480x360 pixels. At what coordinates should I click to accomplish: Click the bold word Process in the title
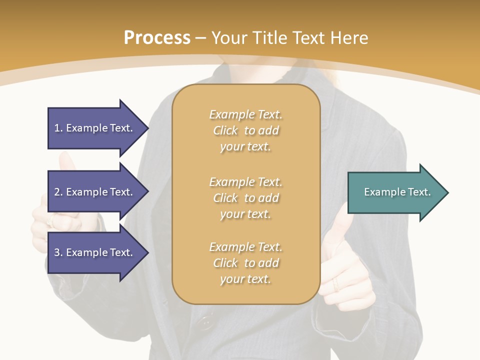click(157, 38)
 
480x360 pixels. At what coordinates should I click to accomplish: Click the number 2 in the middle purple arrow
click(57, 192)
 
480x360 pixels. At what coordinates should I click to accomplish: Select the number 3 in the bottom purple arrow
click(57, 252)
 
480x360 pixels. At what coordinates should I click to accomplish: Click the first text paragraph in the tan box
click(245, 130)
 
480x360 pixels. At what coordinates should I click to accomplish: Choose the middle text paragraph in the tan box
click(245, 198)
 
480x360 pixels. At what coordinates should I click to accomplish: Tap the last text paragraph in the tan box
click(245, 263)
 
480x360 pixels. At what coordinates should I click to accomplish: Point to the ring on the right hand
click(336, 285)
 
